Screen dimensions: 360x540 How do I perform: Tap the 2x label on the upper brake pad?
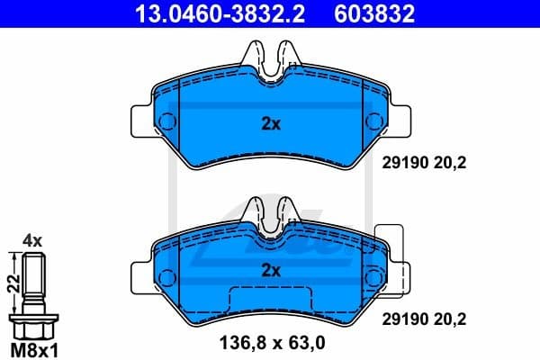(271, 125)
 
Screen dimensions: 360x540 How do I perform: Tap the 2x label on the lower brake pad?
(271, 269)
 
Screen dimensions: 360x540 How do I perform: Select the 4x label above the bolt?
(32, 240)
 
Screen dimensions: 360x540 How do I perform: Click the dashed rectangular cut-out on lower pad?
(271, 304)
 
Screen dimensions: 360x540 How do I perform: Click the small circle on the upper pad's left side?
(172, 121)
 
